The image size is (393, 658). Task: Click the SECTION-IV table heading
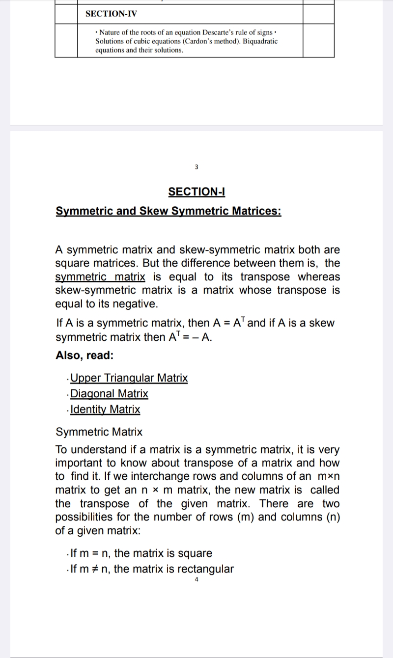pos(111,14)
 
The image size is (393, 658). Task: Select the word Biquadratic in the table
pos(259,41)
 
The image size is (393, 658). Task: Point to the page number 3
pos(196,167)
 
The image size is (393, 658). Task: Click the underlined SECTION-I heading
pos(196,192)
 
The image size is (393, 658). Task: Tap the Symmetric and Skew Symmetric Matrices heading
pos(168,211)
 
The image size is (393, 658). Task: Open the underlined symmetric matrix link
pos(100,276)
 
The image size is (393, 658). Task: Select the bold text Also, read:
pos(85,355)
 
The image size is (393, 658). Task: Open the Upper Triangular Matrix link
pos(129,378)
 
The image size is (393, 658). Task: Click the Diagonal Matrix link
pos(110,394)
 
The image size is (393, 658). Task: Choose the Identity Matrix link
pos(106,410)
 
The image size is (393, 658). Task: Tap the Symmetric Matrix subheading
pos(99,432)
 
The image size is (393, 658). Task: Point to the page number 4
pos(196,580)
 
